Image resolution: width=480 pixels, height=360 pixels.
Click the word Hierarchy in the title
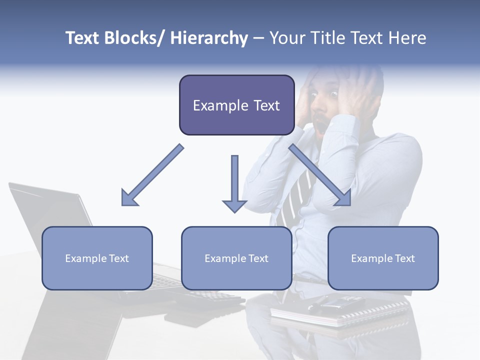click(209, 38)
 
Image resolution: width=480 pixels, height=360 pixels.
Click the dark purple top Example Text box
click(236, 105)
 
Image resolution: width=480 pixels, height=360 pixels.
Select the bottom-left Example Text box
click(97, 258)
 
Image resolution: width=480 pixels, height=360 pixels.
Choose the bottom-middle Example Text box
click(236, 258)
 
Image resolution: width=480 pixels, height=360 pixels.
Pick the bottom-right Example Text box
click(383, 258)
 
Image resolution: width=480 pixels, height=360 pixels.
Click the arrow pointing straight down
click(234, 182)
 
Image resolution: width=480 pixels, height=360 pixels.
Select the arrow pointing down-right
click(320, 175)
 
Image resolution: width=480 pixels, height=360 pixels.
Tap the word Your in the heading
click(286, 38)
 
